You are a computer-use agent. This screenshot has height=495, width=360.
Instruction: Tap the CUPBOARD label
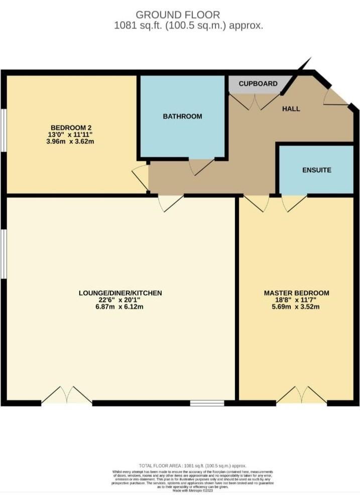258,83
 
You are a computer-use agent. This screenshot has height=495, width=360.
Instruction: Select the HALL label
291,109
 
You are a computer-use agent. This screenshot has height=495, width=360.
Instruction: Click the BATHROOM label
182,116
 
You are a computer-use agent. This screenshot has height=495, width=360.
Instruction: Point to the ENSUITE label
316,170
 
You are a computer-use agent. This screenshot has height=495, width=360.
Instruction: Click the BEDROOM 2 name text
71,127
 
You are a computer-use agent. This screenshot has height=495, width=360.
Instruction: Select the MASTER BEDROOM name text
296,293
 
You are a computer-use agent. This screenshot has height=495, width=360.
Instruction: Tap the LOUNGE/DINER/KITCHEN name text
120,293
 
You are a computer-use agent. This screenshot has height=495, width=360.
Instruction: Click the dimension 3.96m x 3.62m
71,142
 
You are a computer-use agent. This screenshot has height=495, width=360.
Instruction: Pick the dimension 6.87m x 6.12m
120,307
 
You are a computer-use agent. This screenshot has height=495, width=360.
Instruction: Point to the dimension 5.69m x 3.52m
296,307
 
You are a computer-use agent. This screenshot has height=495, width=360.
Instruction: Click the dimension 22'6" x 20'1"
120,300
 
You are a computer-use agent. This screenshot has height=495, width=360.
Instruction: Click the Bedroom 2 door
141,177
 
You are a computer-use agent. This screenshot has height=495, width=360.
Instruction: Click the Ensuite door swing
293,203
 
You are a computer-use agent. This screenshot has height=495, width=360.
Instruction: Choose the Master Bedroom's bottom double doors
301,395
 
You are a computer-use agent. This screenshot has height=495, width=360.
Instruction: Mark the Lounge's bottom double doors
67,395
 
